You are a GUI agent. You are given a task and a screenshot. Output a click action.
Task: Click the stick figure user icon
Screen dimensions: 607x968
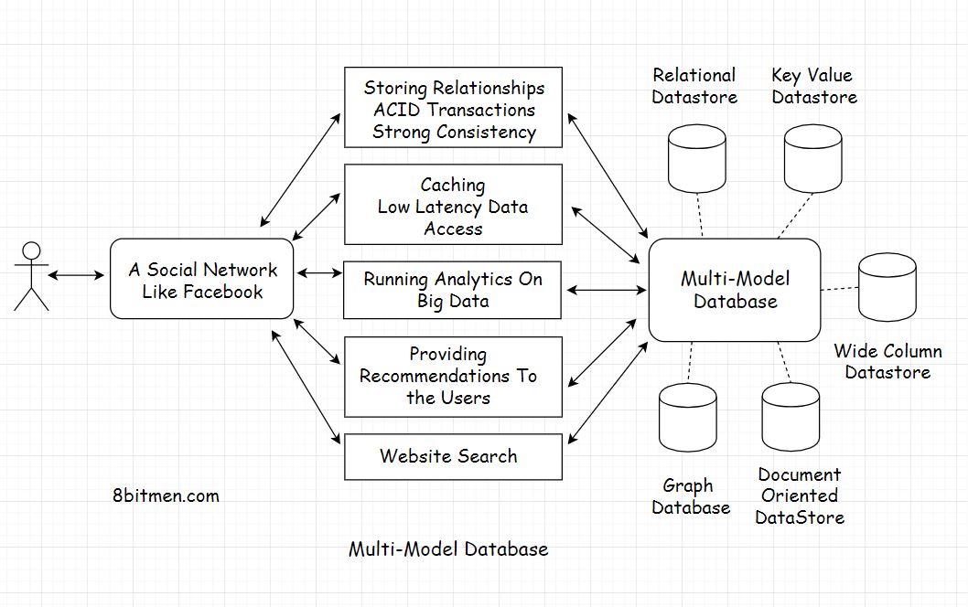coord(30,275)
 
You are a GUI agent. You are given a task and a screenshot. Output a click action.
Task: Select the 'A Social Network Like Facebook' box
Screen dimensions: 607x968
coord(201,280)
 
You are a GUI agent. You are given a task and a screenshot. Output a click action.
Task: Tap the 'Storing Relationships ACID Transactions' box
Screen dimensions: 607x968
coord(453,108)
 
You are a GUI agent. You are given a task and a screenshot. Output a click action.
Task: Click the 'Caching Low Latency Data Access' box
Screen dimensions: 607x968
coord(453,205)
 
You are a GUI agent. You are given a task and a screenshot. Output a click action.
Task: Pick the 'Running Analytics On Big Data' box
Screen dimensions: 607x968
coord(453,290)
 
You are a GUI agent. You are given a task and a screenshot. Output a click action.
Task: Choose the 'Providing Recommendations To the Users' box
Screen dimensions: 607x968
coord(453,376)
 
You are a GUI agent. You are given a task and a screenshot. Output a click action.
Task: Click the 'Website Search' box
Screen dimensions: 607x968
coord(453,456)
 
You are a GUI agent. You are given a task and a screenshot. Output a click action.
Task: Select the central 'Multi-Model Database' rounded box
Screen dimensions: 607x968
coord(734,290)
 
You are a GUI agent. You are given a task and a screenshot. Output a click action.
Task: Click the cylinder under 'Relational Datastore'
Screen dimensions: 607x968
coord(697,159)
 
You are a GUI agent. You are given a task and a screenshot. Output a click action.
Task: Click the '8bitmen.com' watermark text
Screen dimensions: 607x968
coord(162,496)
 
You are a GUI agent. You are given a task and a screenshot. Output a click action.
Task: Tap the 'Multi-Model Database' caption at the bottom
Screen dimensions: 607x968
coord(448,549)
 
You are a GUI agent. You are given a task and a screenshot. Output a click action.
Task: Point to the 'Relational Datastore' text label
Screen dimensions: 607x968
coord(694,86)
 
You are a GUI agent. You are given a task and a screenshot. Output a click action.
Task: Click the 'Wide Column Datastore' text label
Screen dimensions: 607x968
coord(887,361)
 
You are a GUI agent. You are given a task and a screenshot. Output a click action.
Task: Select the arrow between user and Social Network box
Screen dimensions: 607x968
coord(77,274)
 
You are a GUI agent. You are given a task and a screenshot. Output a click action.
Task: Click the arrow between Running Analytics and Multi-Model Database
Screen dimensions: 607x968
coord(606,291)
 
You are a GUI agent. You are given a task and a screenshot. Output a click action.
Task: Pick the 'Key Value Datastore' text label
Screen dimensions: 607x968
coord(813,86)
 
